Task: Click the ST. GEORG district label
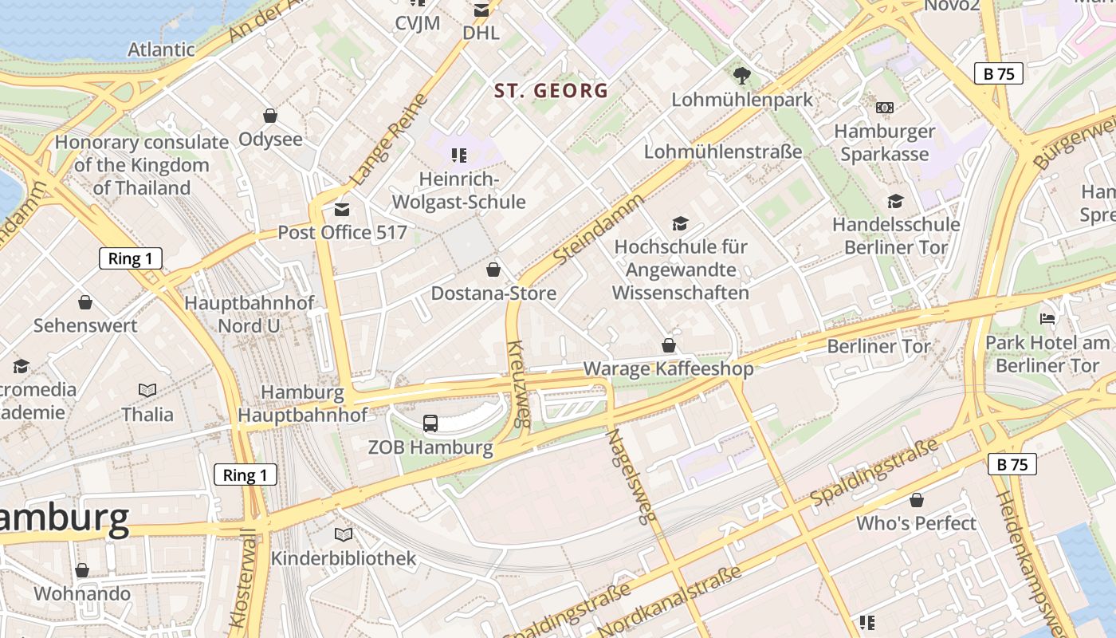[x=551, y=90]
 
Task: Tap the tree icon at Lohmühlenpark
[x=742, y=76]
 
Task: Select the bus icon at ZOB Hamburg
[x=430, y=423]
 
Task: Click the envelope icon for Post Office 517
[x=342, y=210]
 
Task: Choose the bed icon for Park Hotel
[x=1047, y=319]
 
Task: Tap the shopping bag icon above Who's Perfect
[x=917, y=500]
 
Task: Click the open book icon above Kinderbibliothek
[x=344, y=534]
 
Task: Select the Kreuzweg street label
[x=518, y=384]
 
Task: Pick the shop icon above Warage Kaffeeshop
[x=669, y=345]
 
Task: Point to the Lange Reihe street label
[x=389, y=140]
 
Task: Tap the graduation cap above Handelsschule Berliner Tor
[x=896, y=202]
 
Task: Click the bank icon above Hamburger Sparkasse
[x=884, y=108]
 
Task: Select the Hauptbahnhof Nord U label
[x=250, y=314]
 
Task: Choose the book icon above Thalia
[x=147, y=390]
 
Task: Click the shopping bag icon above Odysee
[x=270, y=116]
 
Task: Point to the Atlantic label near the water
[x=161, y=49]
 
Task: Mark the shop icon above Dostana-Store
[x=493, y=270]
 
